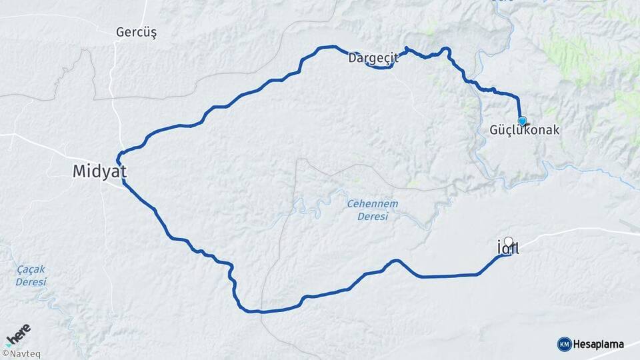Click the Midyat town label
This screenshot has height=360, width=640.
pos(99,172)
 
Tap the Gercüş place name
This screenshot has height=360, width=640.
pos(136,32)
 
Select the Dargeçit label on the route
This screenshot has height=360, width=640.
pos(373,58)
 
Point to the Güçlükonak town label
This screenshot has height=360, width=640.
pos(525,131)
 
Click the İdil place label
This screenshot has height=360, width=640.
pos(508,249)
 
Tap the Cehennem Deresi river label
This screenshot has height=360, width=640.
pos(367,209)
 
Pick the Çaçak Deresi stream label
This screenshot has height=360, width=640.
pos(31,276)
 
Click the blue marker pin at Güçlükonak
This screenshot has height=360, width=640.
pos(522,121)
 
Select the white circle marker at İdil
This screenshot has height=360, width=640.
pos(509,241)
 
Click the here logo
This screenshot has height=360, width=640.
pos(18,333)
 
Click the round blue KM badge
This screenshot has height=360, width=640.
pos(564,344)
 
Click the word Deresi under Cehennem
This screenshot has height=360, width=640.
pos(367,216)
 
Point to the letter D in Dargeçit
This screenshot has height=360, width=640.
pos(352,58)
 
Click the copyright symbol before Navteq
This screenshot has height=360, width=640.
pos(5,354)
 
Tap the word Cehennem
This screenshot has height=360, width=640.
pos(367,203)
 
